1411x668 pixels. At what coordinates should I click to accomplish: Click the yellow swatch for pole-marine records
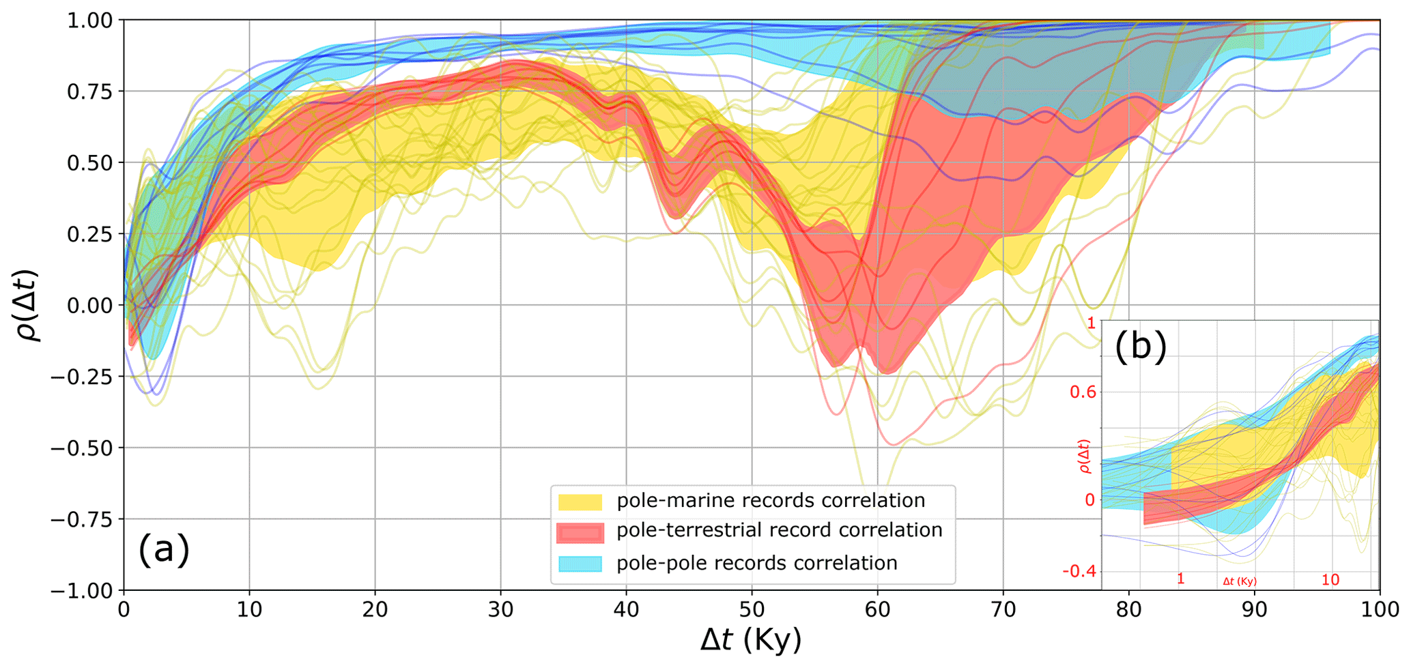click(580, 502)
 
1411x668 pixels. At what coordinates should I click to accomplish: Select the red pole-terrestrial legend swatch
click(580, 532)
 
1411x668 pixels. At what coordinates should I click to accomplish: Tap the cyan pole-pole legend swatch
click(580, 564)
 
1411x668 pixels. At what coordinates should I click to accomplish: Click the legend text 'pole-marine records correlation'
click(771, 501)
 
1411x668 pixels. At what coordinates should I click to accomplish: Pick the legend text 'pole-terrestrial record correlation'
click(779, 531)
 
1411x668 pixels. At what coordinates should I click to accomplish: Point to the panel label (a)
click(164, 549)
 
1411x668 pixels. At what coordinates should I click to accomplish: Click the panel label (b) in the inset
click(1141, 346)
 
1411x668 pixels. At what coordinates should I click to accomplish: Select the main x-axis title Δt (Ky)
click(751, 641)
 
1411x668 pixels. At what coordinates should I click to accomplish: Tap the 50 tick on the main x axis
click(752, 609)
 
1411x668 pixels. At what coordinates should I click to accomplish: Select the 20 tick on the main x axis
click(375, 609)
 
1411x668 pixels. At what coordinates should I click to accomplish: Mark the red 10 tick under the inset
click(1330, 580)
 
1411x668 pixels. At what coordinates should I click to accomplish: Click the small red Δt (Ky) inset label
click(1240, 582)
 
